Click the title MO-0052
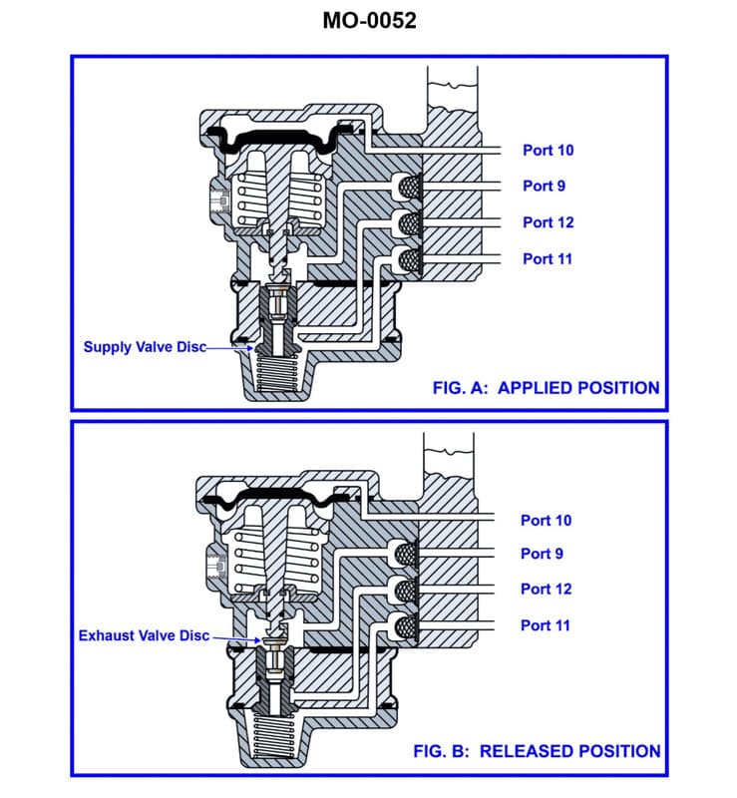click(x=369, y=19)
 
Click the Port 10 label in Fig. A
click(x=548, y=151)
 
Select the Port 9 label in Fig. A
click(x=544, y=186)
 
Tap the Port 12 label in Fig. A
click(x=548, y=222)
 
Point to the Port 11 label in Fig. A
click(x=548, y=258)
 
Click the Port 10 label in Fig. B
click(x=546, y=520)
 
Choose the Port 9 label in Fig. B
click(x=542, y=554)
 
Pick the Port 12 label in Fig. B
click(x=546, y=589)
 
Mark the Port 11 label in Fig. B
click(x=546, y=625)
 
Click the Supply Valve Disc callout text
click(x=144, y=347)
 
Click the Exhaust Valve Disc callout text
click(x=144, y=635)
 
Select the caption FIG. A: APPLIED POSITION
click(x=546, y=388)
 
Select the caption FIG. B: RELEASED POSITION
click(x=537, y=751)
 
